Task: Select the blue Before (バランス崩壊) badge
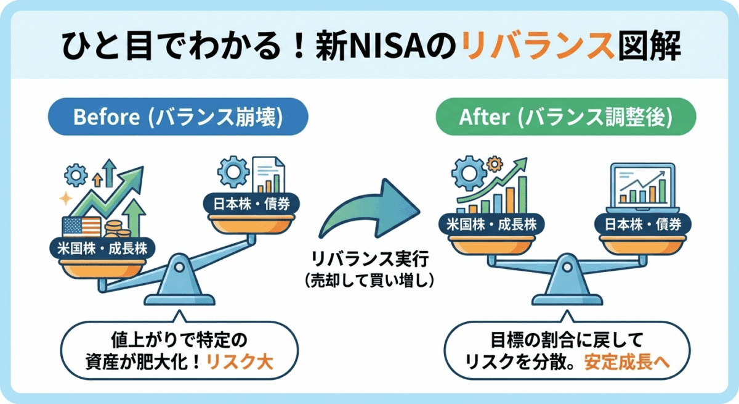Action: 178,118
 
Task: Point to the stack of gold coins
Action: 117,231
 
